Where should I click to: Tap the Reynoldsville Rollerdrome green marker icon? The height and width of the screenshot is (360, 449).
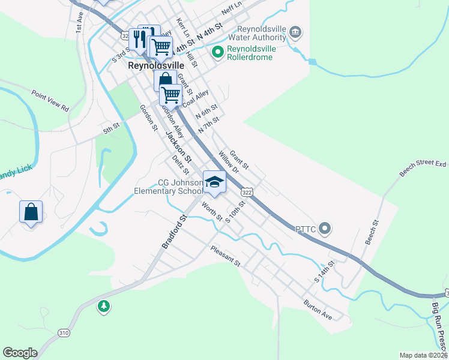[217, 53]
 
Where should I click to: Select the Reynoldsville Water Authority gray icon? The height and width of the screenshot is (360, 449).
[295, 32]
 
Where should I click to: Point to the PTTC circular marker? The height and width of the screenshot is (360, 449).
[325, 228]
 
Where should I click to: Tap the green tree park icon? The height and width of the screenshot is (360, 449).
[104, 307]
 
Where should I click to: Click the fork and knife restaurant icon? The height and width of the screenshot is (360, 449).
[137, 39]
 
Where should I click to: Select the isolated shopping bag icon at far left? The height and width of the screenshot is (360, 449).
[31, 212]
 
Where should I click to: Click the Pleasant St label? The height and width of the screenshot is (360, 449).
[225, 256]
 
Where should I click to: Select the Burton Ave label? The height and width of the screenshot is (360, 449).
[318, 309]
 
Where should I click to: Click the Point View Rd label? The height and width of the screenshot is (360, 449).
[50, 100]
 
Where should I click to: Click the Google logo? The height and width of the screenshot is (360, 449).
[20, 353]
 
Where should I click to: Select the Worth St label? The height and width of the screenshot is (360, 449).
[212, 212]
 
